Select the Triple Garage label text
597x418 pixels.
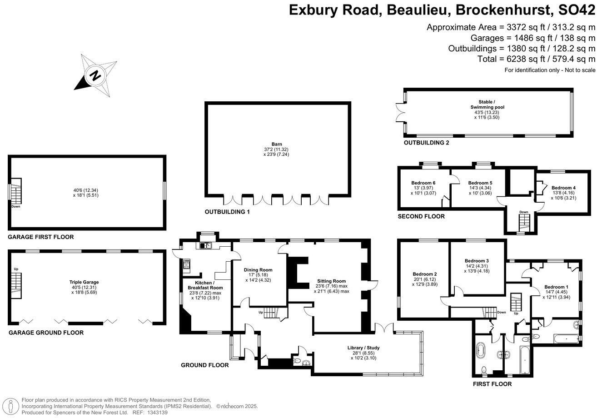[x=84, y=282]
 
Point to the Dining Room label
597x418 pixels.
[x=258, y=269]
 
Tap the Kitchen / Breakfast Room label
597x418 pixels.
[x=205, y=285]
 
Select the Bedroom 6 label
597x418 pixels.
[x=423, y=183]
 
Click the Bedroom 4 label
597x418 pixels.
[x=563, y=188]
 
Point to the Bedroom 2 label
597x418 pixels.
[x=425, y=274]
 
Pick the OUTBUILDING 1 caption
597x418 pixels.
[x=227, y=212]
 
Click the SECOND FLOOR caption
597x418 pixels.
[x=421, y=216]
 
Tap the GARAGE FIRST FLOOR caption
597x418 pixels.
[x=41, y=237]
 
